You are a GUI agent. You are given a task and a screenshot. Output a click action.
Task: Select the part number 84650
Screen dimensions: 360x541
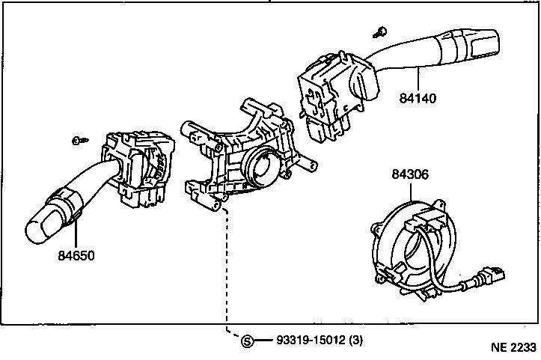click(x=76, y=255)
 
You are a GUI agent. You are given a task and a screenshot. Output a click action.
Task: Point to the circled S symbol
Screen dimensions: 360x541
click(x=248, y=341)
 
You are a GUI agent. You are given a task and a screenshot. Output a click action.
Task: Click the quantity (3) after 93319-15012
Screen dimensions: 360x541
click(x=356, y=341)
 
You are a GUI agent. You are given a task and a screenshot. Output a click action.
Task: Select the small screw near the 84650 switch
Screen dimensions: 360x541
click(x=78, y=141)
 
